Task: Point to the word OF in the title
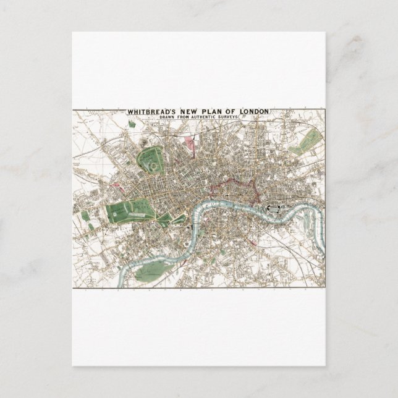coord(233,112)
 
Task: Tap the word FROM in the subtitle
coord(190,117)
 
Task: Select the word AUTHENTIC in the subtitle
coord(212,117)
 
